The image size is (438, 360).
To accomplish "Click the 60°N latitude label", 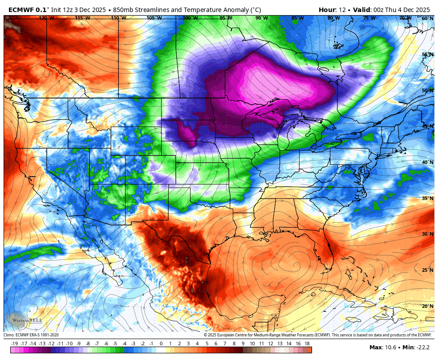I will [x=427, y=18].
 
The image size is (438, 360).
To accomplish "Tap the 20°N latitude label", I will [x=427, y=306].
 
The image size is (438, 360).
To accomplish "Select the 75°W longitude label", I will [x=369, y=18].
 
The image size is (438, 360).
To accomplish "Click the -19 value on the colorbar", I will [x=14, y=344].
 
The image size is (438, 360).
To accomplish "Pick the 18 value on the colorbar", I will [x=307, y=344].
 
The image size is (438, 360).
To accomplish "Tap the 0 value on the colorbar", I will [x=161, y=344].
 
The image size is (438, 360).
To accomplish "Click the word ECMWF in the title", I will [x=20, y=10].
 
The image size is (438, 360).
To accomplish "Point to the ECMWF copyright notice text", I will [x=318, y=335].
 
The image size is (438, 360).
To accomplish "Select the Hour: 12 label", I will [x=333, y=10].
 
